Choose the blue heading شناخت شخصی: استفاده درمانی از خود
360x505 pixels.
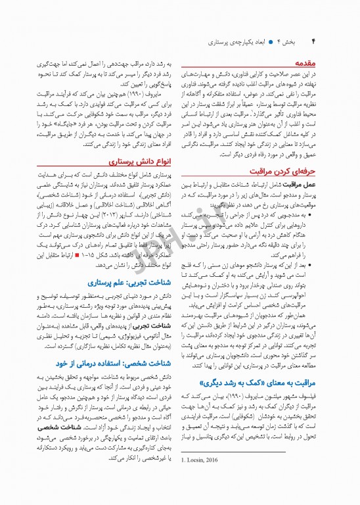click(x=116, y=362)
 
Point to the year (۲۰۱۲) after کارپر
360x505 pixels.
click(x=105, y=198)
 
